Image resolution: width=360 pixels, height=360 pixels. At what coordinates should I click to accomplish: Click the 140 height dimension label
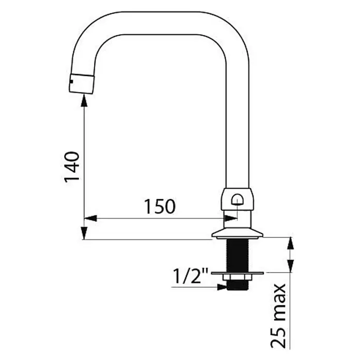click(x=72, y=167)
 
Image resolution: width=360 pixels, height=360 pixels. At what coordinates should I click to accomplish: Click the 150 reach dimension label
click(x=159, y=206)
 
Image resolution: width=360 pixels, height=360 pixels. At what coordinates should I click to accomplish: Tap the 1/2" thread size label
click(x=190, y=276)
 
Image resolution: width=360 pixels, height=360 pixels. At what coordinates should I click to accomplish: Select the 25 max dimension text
click(x=278, y=317)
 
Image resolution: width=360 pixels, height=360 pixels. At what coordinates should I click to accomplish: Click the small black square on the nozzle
click(x=71, y=81)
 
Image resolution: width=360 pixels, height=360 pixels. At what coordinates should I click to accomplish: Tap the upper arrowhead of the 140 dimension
click(x=84, y=101)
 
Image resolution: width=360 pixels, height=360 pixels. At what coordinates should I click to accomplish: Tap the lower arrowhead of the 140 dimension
click(x=84, y=233)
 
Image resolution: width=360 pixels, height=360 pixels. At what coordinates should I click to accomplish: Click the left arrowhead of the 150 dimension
click(x=91, y=218)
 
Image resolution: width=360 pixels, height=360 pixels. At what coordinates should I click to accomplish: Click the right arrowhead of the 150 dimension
click(x=231, y=218)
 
